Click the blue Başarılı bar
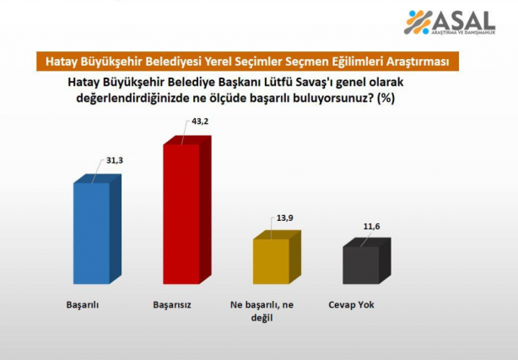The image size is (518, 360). [x=91, y=232]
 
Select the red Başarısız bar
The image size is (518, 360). [x=181, y=213]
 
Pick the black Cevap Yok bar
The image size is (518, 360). [x=360, y=265]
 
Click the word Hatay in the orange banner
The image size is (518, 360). [x=61, y=62]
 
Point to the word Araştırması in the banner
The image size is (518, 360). [x=416, y=62]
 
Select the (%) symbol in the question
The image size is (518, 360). [x=387, y=98]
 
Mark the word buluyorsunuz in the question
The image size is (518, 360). [x=332, y=98]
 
